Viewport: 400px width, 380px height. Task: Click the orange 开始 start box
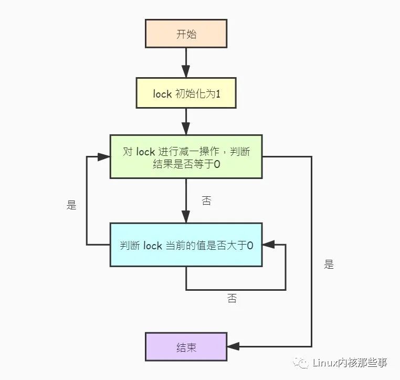point(186,34)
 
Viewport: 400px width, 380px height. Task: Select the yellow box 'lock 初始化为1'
point(186,93)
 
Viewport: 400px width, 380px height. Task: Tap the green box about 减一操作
point(186,156)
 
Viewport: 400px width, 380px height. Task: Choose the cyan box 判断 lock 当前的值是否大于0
point(186,245)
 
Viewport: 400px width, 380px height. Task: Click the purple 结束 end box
point(186,347)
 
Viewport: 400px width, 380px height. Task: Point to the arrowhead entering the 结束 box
point(233,346)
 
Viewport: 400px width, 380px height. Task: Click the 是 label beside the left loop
point(71,205)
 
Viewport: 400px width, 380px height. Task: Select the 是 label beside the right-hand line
point(329,264)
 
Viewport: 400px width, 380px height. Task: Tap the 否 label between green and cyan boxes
point(206,200)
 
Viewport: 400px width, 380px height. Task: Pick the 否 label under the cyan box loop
point(232,298)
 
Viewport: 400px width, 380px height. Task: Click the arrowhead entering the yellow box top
point(186,72)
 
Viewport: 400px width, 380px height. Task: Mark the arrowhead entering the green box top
point(186,129)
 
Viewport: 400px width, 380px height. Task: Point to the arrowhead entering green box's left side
point(104,157)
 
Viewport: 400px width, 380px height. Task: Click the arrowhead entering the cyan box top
point(186,217)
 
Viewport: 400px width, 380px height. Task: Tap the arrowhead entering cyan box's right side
point(268,245)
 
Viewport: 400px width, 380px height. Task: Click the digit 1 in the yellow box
point(218,94)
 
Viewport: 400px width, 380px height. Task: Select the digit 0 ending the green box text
point(217,164)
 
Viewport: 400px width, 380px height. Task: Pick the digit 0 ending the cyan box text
point(250,245)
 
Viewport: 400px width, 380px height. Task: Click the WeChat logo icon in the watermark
point(300,362)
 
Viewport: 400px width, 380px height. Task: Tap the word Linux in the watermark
point(325,362)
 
